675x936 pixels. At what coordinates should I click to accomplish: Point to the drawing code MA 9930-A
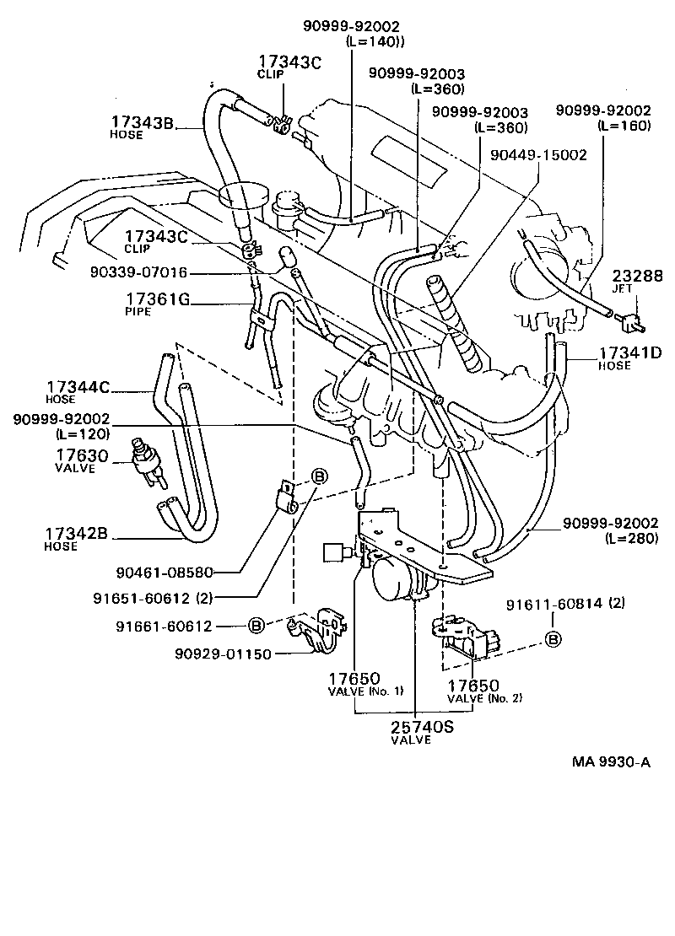(x=612, y=762)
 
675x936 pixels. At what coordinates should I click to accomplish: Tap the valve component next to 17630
(x=144, y=463)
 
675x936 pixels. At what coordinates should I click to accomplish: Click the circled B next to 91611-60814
(x=553, y=639)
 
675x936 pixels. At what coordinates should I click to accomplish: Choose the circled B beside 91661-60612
(x=258, y=625)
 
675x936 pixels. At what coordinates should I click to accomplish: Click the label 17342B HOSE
(x=76, y=538)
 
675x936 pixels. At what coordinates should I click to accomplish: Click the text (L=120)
(x=82, y=434)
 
